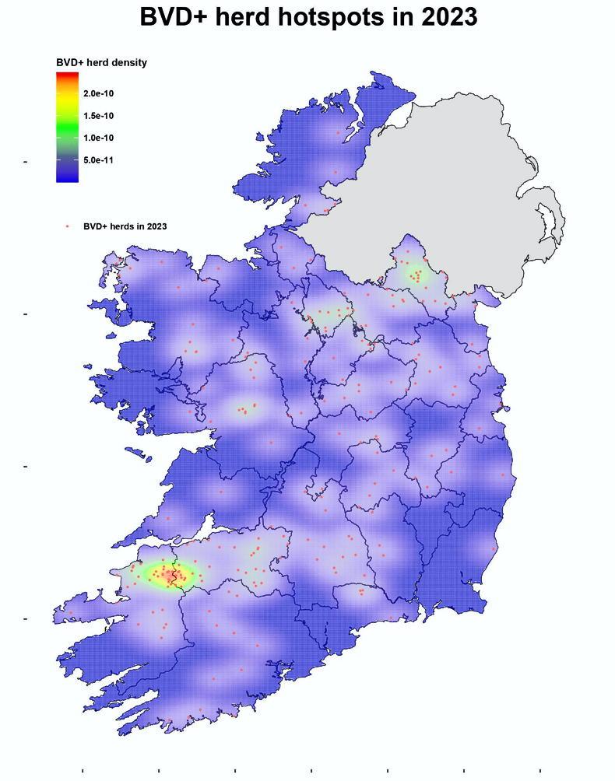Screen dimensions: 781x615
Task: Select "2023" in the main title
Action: pyautogui.click(x=449, y=17)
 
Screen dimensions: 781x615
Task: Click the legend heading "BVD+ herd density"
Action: pyautogui.click(x=101, y=63)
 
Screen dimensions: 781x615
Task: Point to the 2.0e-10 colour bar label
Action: pyautogui.click(x=98, y=94)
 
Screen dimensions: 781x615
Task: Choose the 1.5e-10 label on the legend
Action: pyautogui.click(x=98, y=116)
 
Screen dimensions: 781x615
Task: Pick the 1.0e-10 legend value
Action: pyautogui.click(x=98, y=138)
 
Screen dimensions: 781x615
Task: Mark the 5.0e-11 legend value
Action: pyautogui.click(x=98, y=160)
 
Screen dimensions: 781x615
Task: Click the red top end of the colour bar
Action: pyautogui.click(x=67, y=75)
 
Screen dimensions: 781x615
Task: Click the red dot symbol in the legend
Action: pyautogui.click(x=68, y=226)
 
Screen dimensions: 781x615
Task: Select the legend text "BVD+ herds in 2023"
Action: pyautogui.click(x=125, y=226)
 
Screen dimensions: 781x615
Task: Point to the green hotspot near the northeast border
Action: pyautogui.click(x=416, y=274)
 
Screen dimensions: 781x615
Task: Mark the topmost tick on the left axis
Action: pyautogui.click(x=26, y=162)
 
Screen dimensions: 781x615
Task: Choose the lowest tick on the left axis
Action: pyautogui.click(x=26, y=619)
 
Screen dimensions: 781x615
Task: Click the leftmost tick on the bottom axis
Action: pyautogui.click(x=83, y=771)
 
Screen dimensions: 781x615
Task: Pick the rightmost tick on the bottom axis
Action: pyautogui.click(x=540, y=771)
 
